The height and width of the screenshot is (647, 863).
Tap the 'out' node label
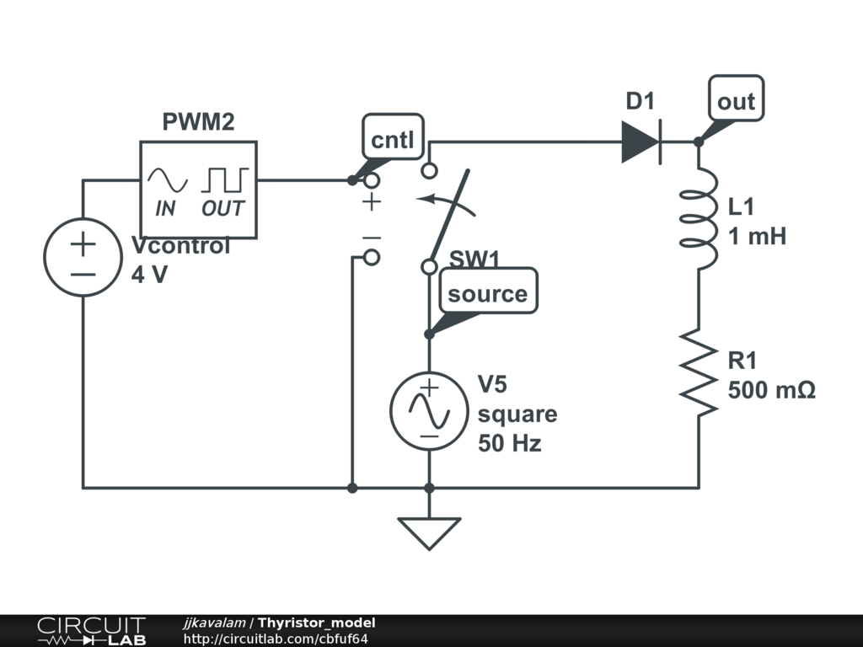coord(736,102)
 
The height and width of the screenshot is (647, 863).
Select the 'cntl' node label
coord(393,140)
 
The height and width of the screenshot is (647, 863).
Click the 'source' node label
coord(487,294)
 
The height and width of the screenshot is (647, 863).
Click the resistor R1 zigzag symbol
coord(699,372)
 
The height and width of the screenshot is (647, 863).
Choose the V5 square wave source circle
coord(429,410)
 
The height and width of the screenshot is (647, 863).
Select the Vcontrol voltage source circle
coord(83,258)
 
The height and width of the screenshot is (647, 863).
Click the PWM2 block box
coord(198,190)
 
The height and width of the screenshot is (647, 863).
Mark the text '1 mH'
coord(757,237)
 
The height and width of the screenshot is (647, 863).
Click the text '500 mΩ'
coord(771,390)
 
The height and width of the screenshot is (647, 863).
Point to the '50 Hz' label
coord(509,443)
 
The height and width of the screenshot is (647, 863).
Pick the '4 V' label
coord(150,275)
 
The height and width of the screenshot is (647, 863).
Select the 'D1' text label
coord(640,102)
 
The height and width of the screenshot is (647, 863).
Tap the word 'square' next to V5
coord(517,414)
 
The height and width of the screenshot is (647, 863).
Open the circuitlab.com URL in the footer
coord(276,639)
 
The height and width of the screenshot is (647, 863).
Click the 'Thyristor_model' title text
coord(316,623)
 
